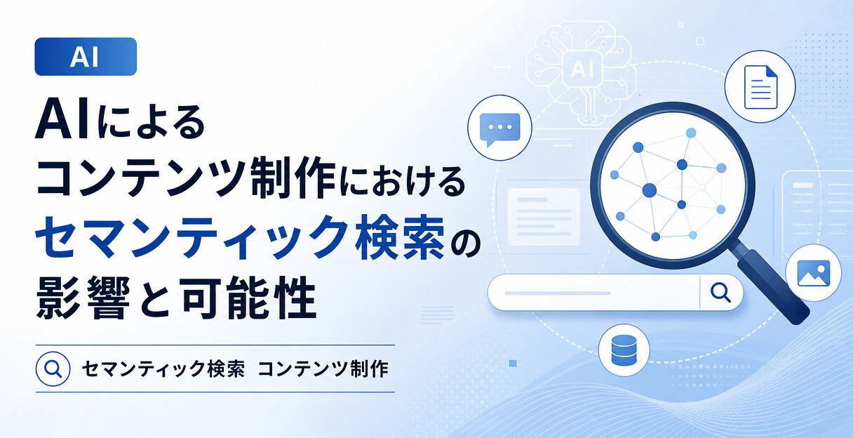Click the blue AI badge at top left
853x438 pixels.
pos(86,56)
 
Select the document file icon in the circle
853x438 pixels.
pos(760,87)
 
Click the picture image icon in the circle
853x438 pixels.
pos(814,273)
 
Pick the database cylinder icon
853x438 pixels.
pos(624,350)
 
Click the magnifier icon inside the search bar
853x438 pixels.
pos(721,293)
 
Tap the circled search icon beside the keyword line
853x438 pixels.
pos(53,369)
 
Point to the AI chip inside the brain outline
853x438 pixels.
pos(582,69)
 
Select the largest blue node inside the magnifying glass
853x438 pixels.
pos(650,190)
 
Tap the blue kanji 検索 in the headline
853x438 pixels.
pos(399,237)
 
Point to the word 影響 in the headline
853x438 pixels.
pos(83,298)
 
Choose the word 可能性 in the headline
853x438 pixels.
pos(248,298)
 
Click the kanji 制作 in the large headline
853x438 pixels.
pos(293,177)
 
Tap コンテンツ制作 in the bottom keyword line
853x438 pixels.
pos(323,369)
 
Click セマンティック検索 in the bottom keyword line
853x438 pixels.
pos(163,369)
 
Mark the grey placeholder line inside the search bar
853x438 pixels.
pos(558,293)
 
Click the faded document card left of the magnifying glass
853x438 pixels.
pos(544,216)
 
